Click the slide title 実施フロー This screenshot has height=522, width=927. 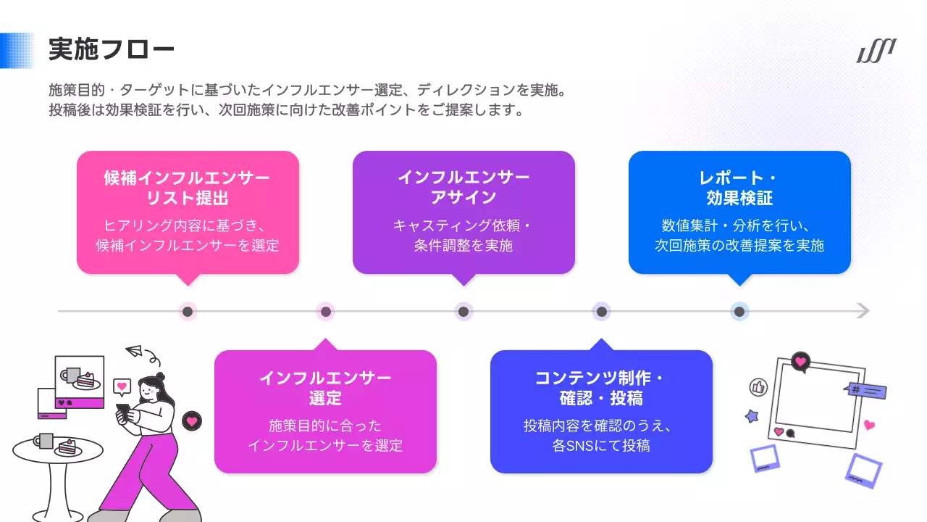112,50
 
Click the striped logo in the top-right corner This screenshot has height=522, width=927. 876,51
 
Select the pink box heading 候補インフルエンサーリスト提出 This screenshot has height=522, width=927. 188,188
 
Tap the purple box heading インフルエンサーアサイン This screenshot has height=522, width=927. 463,188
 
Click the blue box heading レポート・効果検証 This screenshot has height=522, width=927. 739,188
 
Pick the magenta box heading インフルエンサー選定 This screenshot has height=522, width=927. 325,388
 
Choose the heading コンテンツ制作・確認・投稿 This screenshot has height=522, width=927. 601,388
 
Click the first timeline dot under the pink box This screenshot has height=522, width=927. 188,312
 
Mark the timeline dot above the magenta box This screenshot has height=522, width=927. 326,312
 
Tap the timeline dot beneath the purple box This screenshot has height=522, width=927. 463,312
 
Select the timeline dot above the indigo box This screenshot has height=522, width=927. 601,312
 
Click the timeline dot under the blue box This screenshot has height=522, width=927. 739,312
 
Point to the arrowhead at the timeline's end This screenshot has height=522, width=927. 863,311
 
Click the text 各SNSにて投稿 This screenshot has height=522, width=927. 601,445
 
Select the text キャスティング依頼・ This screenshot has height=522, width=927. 463,225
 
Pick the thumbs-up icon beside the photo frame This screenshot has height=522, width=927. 758,387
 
